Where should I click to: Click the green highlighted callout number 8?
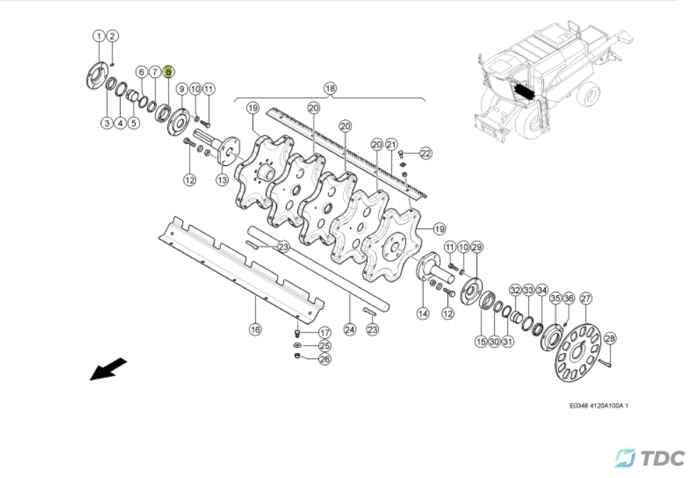coord(168,72)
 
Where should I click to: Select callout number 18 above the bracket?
coord(330,89)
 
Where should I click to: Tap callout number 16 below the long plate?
coord(255,328)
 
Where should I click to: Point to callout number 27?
coord(585,298)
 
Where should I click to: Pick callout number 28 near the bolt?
coord(610,339)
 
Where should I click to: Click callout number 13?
coord(222,179)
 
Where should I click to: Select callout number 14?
coord(422,313)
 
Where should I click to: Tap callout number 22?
coord(426,153)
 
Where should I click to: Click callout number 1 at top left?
coord(98,36)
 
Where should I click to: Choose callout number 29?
coord(476,247)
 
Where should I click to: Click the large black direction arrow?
coord(108,369)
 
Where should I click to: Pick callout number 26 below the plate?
coord(325,359)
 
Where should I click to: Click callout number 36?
coord(569,298)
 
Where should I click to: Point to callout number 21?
coord(391,144)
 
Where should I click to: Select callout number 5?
coord(134,123)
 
